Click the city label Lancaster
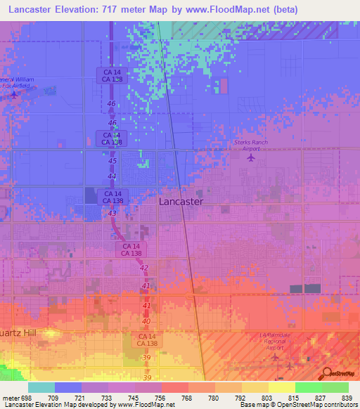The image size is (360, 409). pyautogui.click(x=181, y=201)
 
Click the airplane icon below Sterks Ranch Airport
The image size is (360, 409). pyautogui.click(x=252, y=157)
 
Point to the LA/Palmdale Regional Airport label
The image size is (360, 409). pyautogui.click(x=279, y=341)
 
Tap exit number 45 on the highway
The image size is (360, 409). pyautogui.click(x=112, y=161)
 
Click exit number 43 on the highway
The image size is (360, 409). pyautogui.click(x=112, y=212)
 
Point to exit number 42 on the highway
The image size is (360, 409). pyautogui.click(x=144, y=268)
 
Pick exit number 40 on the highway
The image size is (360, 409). pyautogui.click(x=147, y=321)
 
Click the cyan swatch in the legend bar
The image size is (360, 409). pyautogui.click(x=41, y=387)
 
